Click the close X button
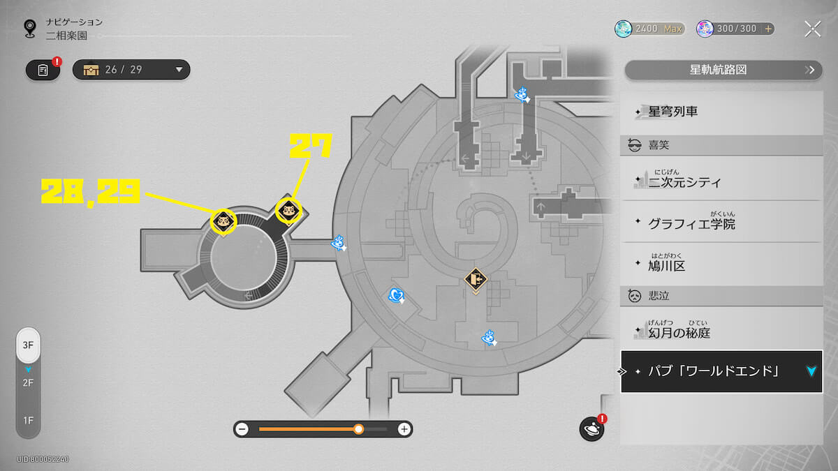[x=813, y=29]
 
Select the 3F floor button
[x=28, y=345]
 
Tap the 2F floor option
[x=28, y=383]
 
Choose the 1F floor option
[x=28, y=421]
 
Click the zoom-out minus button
[x=242, y=428]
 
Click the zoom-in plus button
[x=404, y=428]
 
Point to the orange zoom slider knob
[x=358, y=428]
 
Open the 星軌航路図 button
[x=723, y=70]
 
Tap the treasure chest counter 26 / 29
[x=131, y=70]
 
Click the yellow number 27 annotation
[x=311, y=145]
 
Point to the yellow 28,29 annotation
[x=91, y=191]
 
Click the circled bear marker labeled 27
[x=288, y=211]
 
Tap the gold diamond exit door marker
[x=476, y=280]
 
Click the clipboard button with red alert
[x=43, y=70]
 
